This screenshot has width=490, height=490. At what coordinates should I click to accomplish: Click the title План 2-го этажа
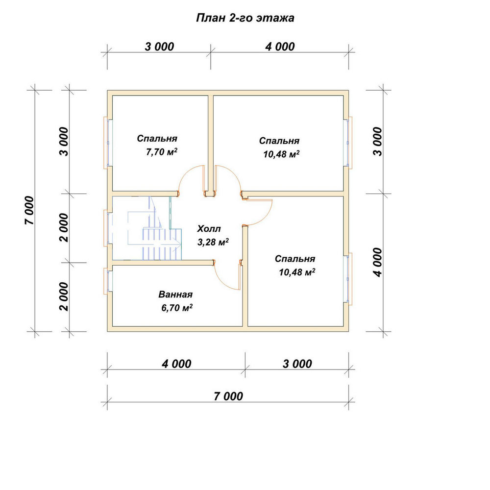(245, 18)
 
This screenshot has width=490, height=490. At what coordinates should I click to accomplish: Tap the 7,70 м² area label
(162, 152)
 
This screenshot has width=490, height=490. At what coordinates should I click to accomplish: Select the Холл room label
(209, 229)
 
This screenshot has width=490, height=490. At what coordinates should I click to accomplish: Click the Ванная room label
(175, 294)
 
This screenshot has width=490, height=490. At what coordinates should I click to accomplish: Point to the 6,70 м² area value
(176, 308)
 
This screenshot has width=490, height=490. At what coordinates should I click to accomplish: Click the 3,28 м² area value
(213, 242)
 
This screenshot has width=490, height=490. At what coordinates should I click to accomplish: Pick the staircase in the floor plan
(155, 228)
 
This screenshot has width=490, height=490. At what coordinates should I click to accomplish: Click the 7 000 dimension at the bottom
(228, 396)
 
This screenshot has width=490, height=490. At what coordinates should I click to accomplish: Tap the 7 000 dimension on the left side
(29, 210)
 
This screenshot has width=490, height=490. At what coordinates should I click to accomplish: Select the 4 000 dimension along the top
(280, 47)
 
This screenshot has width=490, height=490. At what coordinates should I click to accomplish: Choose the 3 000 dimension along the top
(159, 47)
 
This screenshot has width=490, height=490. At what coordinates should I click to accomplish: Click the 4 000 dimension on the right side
(377, 263)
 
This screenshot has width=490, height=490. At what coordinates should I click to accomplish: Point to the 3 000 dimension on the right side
(377, 142)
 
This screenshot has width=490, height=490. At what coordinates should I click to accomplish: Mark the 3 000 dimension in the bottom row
(297, 364)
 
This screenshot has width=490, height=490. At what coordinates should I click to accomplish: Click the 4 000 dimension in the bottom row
(176, 364)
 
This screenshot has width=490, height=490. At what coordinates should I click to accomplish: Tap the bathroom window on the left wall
(107, 281)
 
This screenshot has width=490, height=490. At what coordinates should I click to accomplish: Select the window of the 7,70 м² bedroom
(107, 143)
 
